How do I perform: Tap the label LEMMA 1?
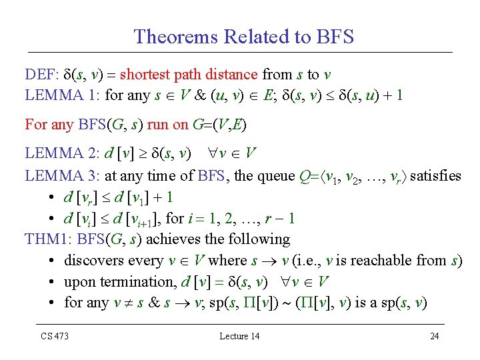coord(63,95)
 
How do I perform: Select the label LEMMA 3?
coord(63,175)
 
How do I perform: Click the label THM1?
coord(49,239)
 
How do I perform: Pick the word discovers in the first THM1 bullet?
coord(93,261)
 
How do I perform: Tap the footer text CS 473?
coord(53,336)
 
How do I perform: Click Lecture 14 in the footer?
coord(239,336)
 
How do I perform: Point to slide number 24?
coord(434,336)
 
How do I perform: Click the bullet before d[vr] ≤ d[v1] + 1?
coord(52,197)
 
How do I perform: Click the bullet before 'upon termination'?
coord(52,282)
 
